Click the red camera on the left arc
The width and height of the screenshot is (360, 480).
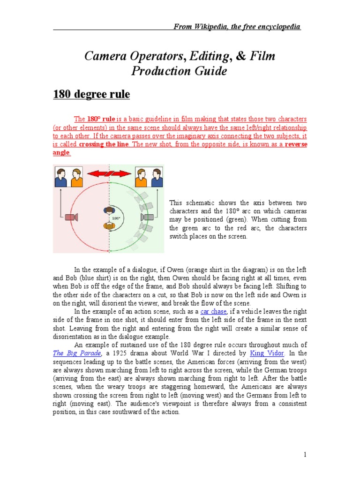click(x=71, y=217)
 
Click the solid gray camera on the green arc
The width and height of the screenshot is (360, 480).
click(x=149, y=217)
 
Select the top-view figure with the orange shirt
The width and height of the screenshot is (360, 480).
click(x=109, y=225)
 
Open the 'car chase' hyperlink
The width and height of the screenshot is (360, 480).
click(x=214, y=311)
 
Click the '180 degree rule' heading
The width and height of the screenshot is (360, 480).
click(x=91, y=95)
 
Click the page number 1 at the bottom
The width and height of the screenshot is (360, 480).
click(x=304, y=454)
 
